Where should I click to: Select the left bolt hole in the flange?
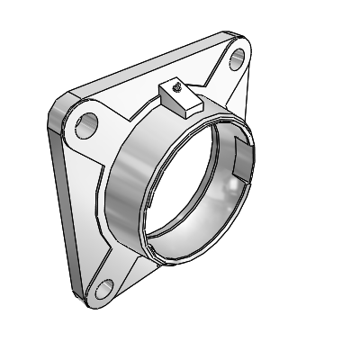pos(87,124)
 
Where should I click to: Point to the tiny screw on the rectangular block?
pos(180,87)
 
